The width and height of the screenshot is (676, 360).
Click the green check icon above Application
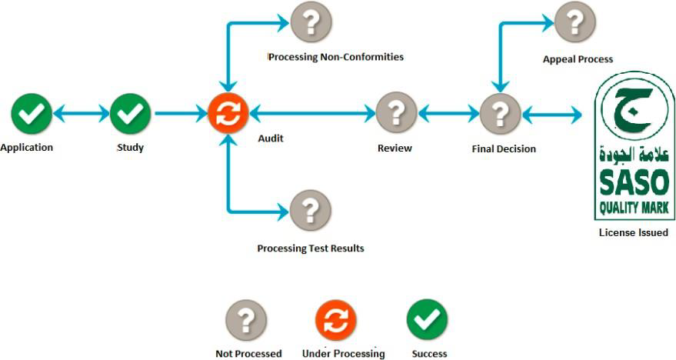pyautogui.click(x=32, y=114)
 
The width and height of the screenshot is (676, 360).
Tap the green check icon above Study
pyautogui.click(x=131, y=114)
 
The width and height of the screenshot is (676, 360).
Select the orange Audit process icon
pyautogui.click(x=228, y=114)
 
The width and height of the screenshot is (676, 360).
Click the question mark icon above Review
pyautogui.click(x=396, y=114)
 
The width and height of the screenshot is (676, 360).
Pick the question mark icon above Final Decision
pyautogui.click(x=500, y=114)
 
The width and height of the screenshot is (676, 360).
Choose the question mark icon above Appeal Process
pyautogui.click(x=574, y=22)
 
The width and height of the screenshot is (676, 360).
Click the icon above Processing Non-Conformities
pyautogui.click(x=311, y=22)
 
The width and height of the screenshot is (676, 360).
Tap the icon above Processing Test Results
pyautogui.click(x=310, y=209)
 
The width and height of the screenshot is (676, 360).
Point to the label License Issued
pyautogui.click(x=633, y=232)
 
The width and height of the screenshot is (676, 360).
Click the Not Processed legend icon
pyautogui.click(x=245, y=319)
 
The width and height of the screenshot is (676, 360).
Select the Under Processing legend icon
pyautogui.click(x=335, y=319)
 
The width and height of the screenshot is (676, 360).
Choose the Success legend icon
pyautogui.click(x=427, y=319)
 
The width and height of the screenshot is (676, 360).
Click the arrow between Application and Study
pyautogui.click(x=81, y=115)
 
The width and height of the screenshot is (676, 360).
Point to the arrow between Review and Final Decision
pyautogui.click(x=448, y=115)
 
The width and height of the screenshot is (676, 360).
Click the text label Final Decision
pyautogui.click(x=504, y=148)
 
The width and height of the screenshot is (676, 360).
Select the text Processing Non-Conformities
pyautogui.click(x=336, y=57)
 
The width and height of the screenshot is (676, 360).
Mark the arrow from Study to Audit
pyautogui.click(x=180, y=115)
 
